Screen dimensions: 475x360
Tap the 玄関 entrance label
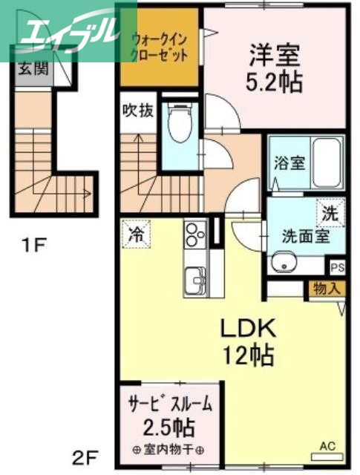pyautogui.click(x=32, y=70)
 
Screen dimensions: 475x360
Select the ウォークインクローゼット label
pyautogui.click(x=157, y=46)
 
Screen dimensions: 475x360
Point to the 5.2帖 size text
pyautogui.click(x=274, y=82)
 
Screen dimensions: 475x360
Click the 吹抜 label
pyautogui.click(x=138, y=111)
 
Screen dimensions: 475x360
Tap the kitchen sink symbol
pyautogui.click(x=197, y=281)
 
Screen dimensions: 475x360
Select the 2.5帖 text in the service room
pyautogui.click(x=170, y=427)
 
